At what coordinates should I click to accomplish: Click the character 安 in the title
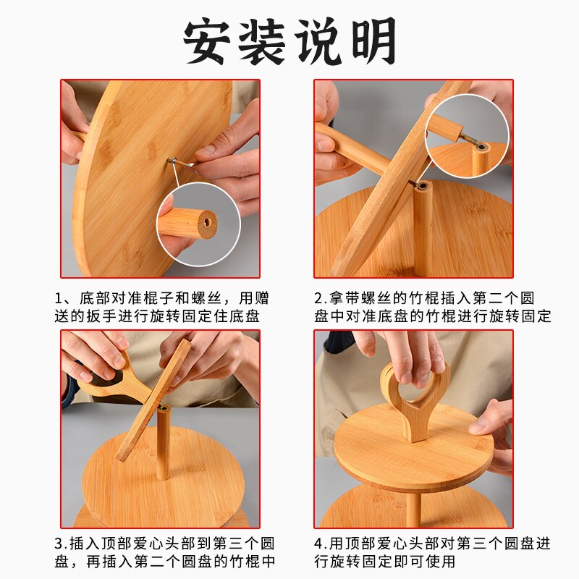pyautogui.click(x=208, y=41)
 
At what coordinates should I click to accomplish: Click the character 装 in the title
pyautogui.click(x=263, y=41)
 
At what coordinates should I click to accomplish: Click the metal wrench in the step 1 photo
pyautogui.click(x=181, y=162)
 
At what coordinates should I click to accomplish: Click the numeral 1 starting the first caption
pyautogui.click(x=58, y=298)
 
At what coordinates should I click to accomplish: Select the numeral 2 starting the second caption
pyautogui.click(x=318, y=298)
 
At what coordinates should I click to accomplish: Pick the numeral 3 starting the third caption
pyautogui.click(x=59, y=544)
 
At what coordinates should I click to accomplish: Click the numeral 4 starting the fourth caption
pyautogui.click(x=318, y=544)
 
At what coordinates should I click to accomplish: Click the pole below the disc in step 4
pyautogui.click(x=413, y=509)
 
